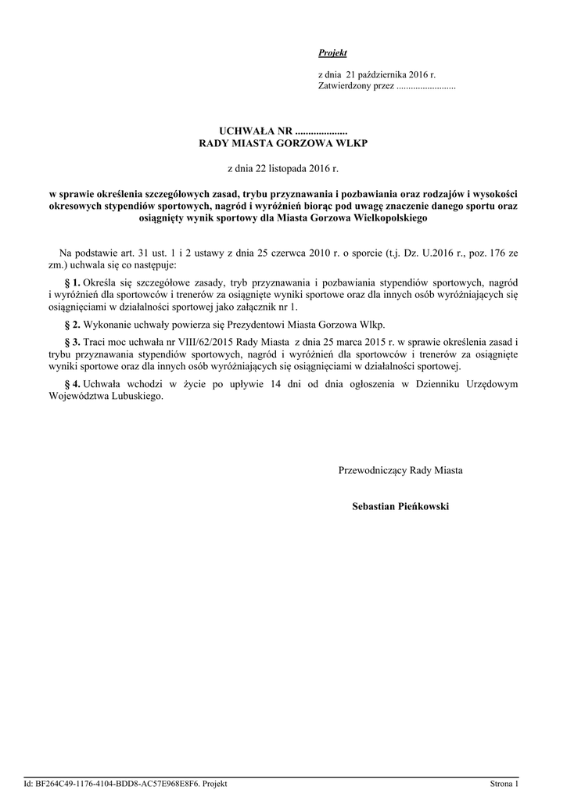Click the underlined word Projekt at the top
pos(332,52)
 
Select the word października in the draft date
pos(374,74)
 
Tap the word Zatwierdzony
pos(343,86)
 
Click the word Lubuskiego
pos(140,397)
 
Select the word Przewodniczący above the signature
pos(372,471)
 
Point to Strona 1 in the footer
pos(504,783)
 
